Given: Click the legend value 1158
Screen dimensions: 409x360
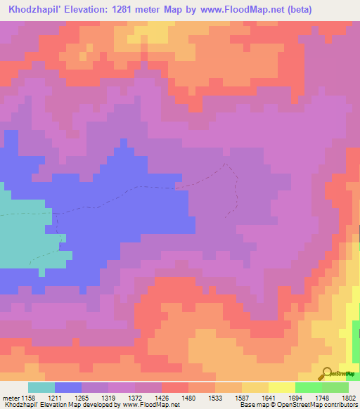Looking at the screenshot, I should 28,398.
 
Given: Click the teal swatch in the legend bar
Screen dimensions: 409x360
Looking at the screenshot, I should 41,387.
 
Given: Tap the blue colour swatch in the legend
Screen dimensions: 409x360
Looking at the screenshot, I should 68,387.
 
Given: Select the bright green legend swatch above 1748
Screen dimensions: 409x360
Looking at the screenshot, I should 309,387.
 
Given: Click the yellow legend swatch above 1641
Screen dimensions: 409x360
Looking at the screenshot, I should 282,387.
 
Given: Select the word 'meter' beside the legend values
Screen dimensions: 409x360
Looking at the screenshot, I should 10,398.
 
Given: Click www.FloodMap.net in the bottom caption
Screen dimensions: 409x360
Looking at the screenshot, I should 150,405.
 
